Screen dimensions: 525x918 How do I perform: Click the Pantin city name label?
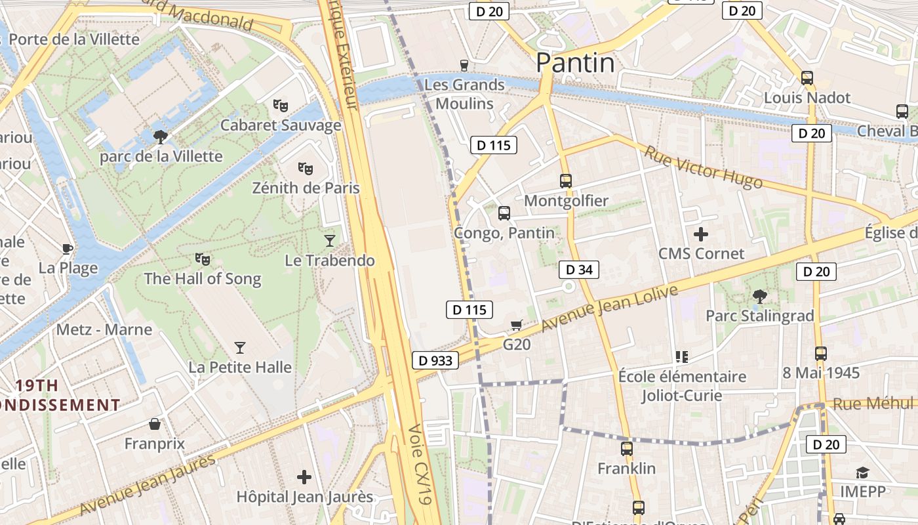(x=575, y=63)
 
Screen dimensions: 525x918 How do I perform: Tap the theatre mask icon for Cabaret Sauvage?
(x=281, y=105)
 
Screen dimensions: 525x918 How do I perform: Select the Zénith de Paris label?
(x=306, y=188)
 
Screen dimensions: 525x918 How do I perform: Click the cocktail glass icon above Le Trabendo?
(x=330, y=241)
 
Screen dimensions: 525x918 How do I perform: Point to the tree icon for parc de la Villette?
(x=160, y=136)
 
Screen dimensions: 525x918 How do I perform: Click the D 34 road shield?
(x=579, y=269)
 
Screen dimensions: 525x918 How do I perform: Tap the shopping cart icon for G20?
(x=517, y=325)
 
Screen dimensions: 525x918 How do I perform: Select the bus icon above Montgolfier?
(x=566, y=180)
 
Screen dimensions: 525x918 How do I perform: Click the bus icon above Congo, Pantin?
(x=504, y=213)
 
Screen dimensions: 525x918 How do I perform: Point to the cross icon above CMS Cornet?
(x=701, y=234)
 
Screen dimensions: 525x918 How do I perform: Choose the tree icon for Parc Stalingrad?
(x=759, y=296)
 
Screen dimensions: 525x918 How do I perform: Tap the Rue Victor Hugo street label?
(x=703, y=167)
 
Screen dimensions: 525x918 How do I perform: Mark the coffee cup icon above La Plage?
(x=67, y=248)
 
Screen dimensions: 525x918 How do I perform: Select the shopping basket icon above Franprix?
(x=155, y=424)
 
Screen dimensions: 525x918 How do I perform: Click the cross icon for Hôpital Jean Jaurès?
(x=304, y=477)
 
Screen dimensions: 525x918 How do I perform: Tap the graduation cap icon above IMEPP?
(x=862, y=472)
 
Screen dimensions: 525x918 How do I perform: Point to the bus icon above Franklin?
(x=627, y=449)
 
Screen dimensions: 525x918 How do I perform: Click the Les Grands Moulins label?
(x=464, y=94)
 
